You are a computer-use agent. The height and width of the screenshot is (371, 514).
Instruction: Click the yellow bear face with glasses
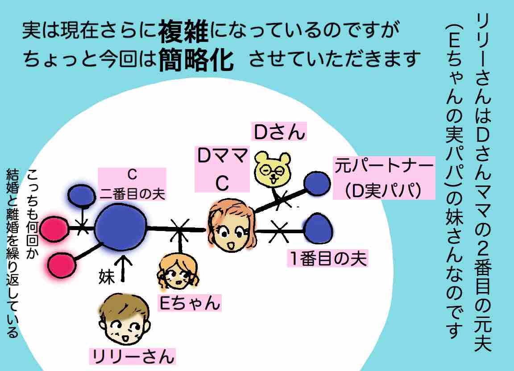point(272,169)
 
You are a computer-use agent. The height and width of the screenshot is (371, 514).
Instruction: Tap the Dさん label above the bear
point(279,132)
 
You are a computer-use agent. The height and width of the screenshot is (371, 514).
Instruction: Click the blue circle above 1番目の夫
point(318,228)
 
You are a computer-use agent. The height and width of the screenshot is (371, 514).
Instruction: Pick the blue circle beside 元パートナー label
point(318,182)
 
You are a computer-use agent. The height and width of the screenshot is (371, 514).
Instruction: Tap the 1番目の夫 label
point(328,259)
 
